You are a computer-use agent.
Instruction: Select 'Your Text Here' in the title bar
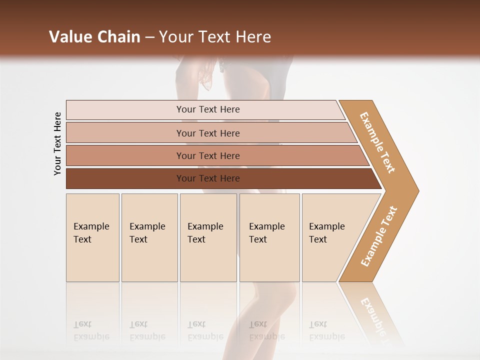click(x=215, y=37)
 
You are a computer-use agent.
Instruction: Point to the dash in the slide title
click(x=149, y=37)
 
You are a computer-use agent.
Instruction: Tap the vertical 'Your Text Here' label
click(x=57, y=144)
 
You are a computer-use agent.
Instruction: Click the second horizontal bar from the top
click(x=207, y=133)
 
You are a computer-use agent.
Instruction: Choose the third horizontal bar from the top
click(x=207, y=155)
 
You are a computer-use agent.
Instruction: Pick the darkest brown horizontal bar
click(x=207, y=178)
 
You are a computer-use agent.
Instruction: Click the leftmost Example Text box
click(x=92, y=237)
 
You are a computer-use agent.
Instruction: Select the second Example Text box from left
click(x=149, y=237)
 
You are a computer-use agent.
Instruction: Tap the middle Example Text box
click(x=208, y=237)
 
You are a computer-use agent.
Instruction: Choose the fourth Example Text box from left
click(x=269, y=237)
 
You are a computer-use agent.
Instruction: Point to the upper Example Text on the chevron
click(x=377, y=142)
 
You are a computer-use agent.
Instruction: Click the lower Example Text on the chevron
click(x=379, y=236)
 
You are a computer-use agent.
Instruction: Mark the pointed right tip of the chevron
click(x=417, y=190)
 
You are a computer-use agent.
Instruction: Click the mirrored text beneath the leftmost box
click(x=91, y=331)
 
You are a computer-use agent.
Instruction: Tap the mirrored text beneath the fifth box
click(x=327, y=331)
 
